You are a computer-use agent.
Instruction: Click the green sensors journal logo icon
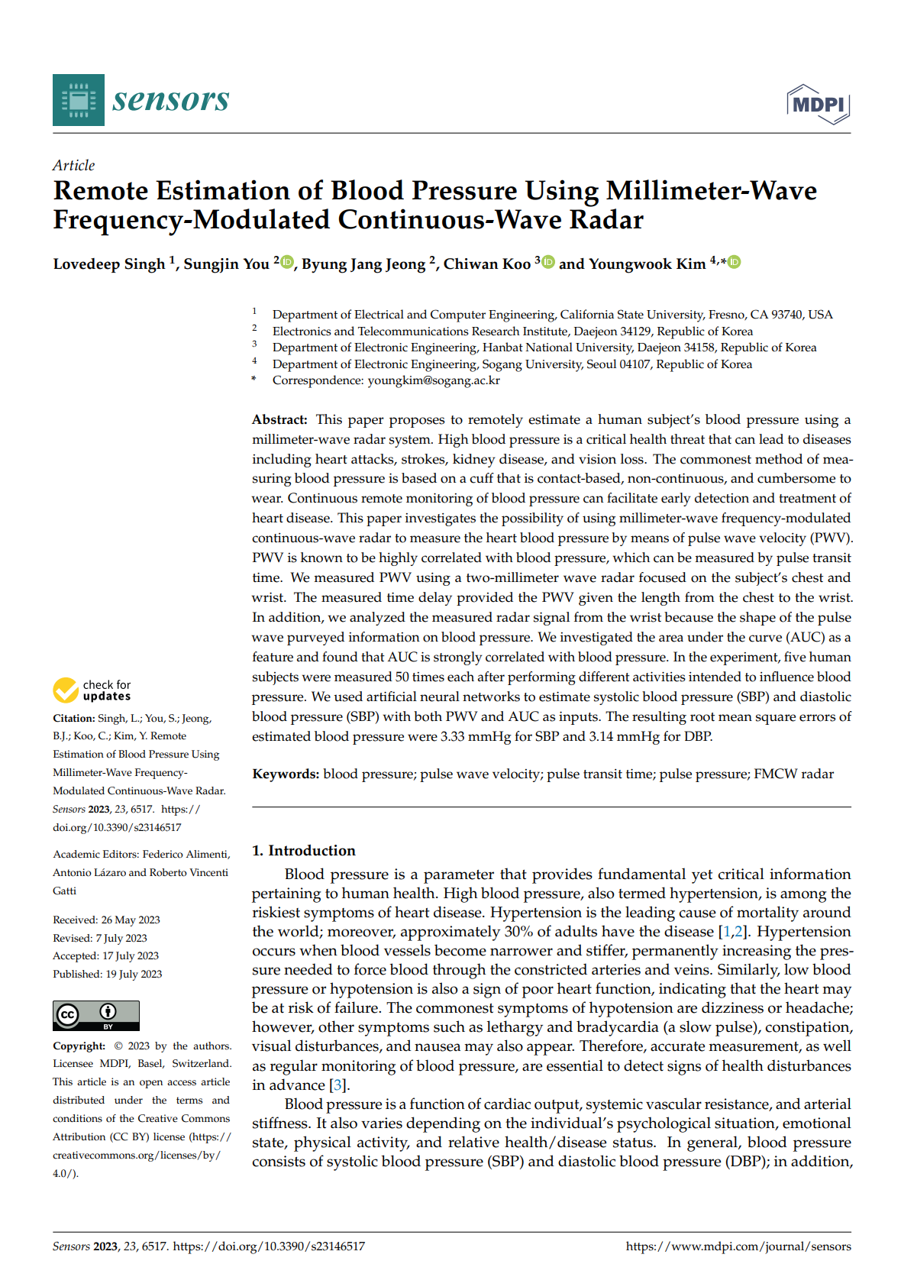pyautogui.click(x=79, y=100)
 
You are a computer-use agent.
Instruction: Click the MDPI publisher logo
pyautogui.click(x=819, y=105)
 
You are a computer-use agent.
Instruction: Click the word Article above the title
pyautogui.click(x=74, y=166)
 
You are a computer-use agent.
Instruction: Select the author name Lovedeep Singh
pyautogui.click(x=109, y=264)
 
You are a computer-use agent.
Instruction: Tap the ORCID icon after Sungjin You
pyautogui.click(x=287, y=262)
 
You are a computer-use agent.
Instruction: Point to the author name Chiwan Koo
pyautogui.click(x=486, y=264)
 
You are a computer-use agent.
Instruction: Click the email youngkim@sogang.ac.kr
pyautogui.click(x=434, y=380)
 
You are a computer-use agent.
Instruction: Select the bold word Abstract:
pyautogui.click(x=279, y=420)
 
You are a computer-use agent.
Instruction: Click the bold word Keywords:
pyautogui.click(x=286, y=774)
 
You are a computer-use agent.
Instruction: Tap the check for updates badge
pyautogui.click(x=92, y=690)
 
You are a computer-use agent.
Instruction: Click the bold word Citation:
pyautogui.click(x=74, y=719)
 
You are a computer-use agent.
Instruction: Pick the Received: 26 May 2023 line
pyautogui.click(x=106, y=920)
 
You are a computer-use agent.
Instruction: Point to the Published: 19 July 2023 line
pyautogui.click(x=107, y=975)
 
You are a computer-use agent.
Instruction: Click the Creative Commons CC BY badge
pyautogui.click(x=96, y=1015)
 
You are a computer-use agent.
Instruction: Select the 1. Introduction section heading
pyautogui.click(x=304, y=851)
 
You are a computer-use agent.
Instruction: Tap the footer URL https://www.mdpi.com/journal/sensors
pyautogui.click(x=738, y=1246)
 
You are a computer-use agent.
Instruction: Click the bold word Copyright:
pyautogui.click(x=79, y=1046)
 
